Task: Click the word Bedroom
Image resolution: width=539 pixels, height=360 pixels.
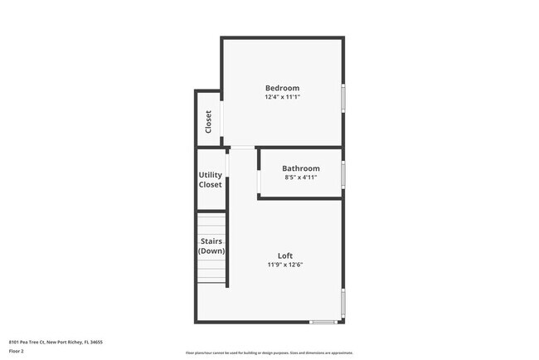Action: coord(282,88)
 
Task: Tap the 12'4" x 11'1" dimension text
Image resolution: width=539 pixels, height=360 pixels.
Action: coord(282,97)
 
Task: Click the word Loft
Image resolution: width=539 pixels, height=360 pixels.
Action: coord(284,255)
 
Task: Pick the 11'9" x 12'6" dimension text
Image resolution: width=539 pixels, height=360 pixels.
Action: coord(284,265)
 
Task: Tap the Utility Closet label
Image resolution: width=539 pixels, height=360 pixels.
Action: coord(210,179)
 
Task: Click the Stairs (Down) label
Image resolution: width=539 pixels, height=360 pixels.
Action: coord(211,246)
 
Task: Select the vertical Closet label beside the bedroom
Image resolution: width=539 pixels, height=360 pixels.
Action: coord(208,122)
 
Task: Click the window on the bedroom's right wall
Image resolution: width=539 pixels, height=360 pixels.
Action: coord(343,98)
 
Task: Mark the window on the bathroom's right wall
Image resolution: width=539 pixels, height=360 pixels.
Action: coord(343,174)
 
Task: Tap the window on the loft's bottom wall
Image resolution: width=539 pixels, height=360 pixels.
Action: coord(323,322)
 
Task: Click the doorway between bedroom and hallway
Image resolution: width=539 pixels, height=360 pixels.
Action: coord(241,148)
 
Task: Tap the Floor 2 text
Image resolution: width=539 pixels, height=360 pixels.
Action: coord(17,351)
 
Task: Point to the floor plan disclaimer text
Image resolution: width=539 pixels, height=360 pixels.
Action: coord(269,353)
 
